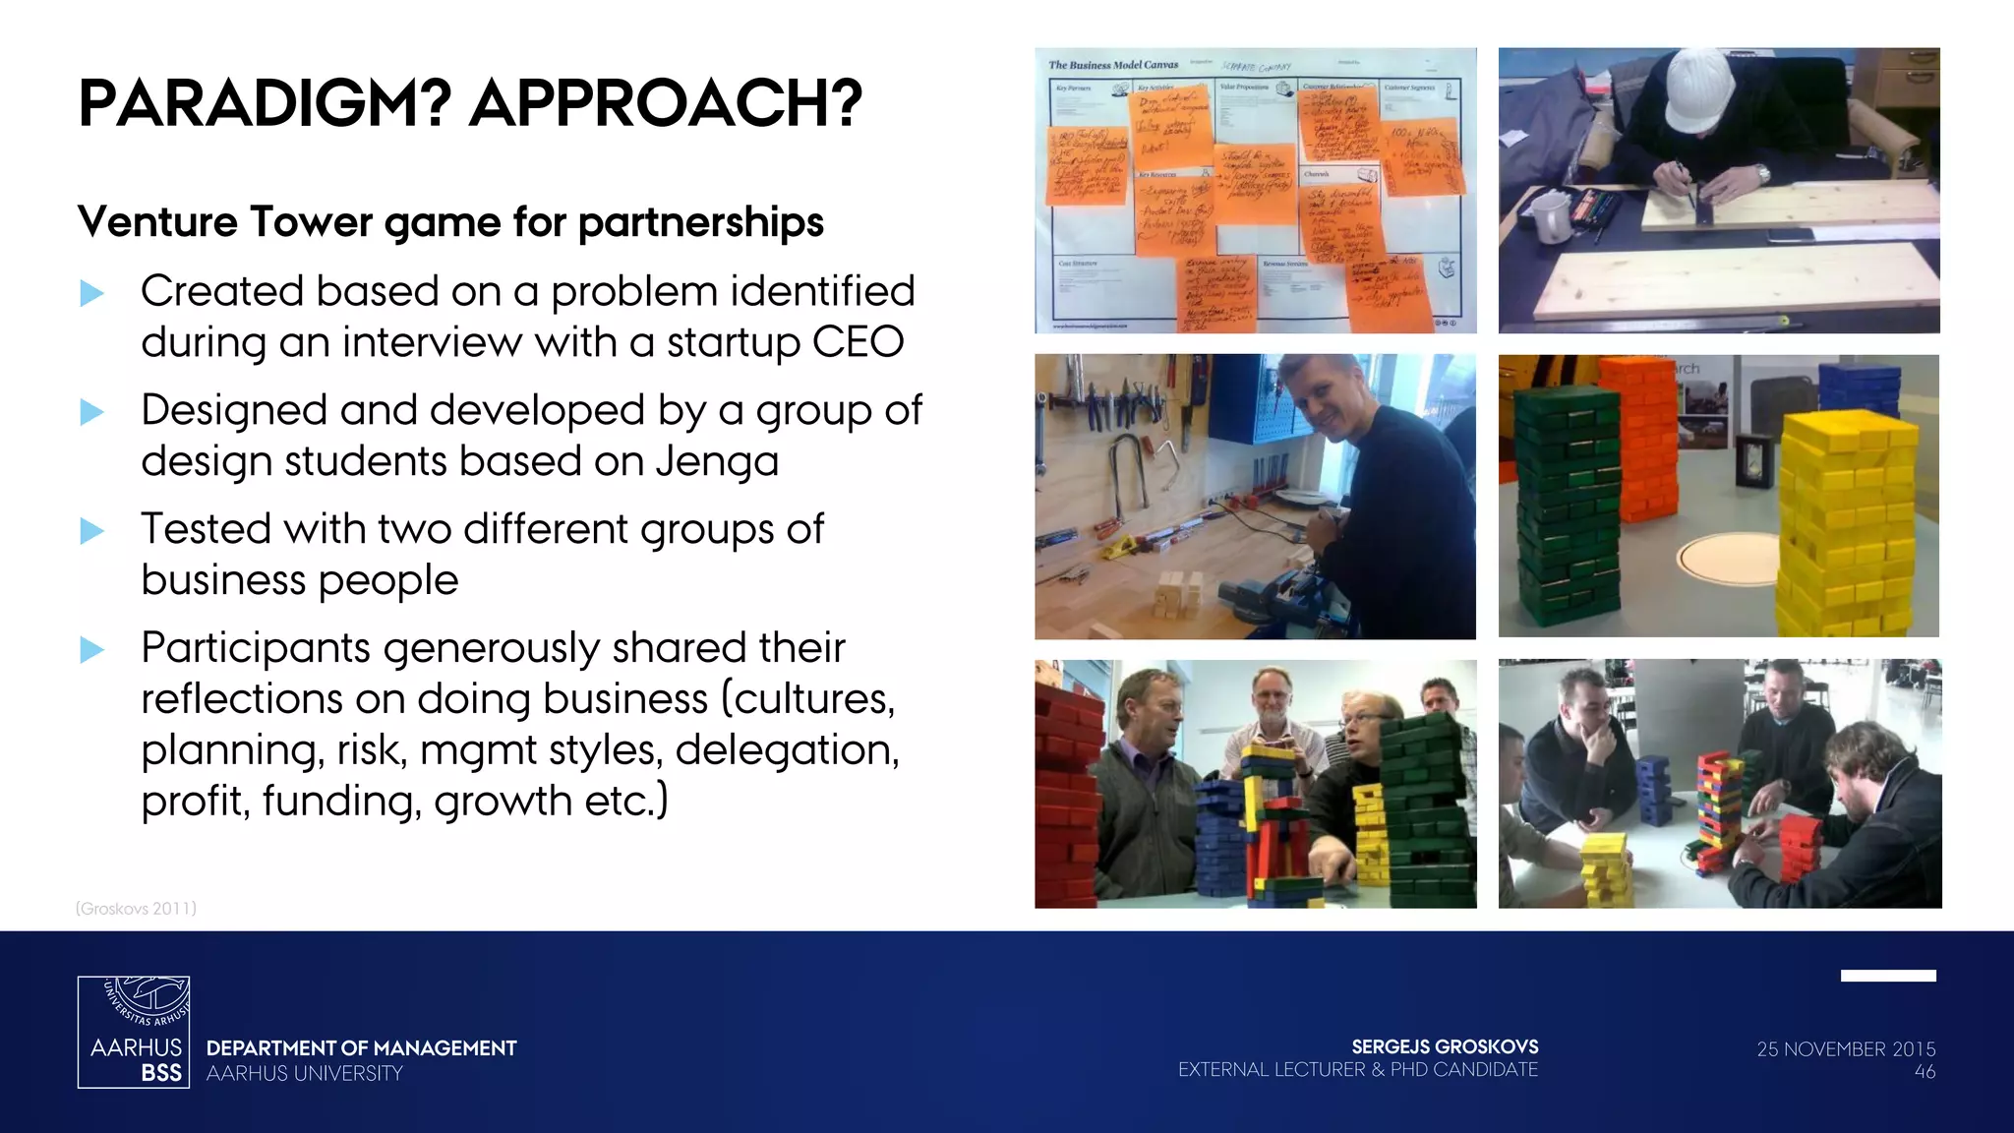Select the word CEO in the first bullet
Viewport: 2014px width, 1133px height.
(x=858, y=342)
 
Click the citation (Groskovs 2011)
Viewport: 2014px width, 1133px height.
(x=136, y=909)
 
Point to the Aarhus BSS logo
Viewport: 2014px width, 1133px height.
(x=134, y=1032)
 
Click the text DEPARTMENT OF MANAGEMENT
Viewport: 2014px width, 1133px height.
(x=361, y=1048)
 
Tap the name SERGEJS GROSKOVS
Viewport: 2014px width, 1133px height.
(x=1445, y=1046)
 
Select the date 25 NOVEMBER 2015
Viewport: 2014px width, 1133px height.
(x=1846, y=1049)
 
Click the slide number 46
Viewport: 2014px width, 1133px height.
(x=1925, y=1072)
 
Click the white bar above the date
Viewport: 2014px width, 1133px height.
(x=1888, y=976)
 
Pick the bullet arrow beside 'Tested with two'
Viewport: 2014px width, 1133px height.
(x=91, y=531)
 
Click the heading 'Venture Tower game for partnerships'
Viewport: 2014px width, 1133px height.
(x=450, y=222)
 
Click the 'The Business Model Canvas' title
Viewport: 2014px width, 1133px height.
(x=1113, y=65)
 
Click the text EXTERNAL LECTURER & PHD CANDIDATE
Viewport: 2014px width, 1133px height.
(x=1358, y=1070)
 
